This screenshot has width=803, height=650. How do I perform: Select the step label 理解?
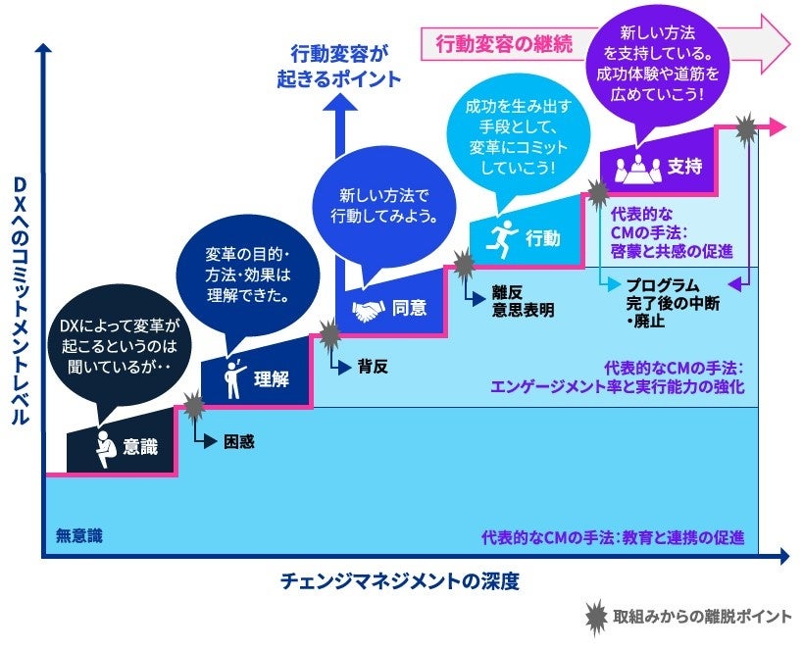[x=271, y=379]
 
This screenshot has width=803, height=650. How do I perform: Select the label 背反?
[x=373, y=367]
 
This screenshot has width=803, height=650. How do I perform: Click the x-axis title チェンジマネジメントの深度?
[x=398, y=582]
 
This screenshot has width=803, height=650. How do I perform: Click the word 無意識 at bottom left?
[x=78, y=537]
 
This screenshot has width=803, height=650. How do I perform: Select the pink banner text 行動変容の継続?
[x=490, y=43]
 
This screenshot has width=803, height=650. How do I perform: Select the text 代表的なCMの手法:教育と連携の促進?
[x=612, y=537]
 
